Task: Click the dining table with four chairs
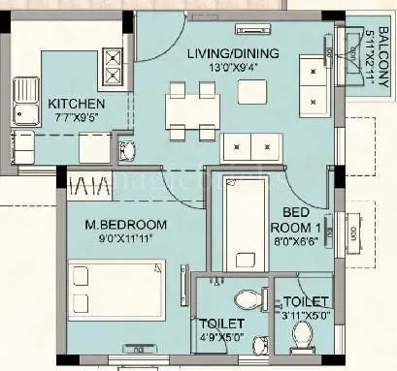click(x=191, y=107)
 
